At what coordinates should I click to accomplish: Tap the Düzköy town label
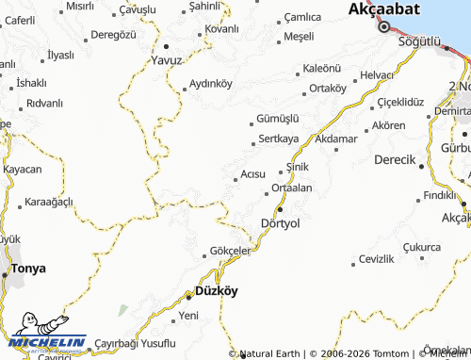click(x=216, y=291)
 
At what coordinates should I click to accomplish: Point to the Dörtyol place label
click(x=279, y=223)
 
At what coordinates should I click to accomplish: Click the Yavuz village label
click(x=166, y=59)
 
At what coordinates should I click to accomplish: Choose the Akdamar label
click(x=336, y=139)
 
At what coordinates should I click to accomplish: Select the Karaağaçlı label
click(x=48, y=203)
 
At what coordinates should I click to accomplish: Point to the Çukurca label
click(x=421, y=246)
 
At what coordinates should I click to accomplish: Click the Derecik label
click(x=395, y=159)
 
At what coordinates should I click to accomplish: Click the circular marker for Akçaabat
click(x=383, y=26)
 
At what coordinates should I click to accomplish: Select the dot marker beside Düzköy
click(x=188, y=298)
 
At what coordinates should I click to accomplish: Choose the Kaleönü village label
click(x=320, y=69)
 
